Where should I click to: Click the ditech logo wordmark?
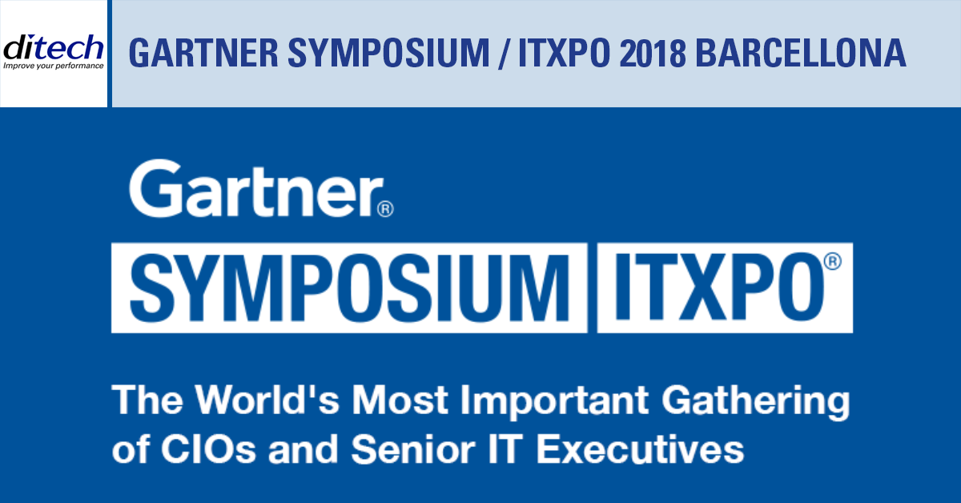53,47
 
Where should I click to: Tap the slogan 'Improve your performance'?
53,66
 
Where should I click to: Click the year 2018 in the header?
653,53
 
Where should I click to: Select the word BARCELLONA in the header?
801,53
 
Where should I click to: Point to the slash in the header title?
504,54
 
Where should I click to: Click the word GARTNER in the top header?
203,53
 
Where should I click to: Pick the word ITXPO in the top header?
564,53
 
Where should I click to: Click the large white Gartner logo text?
256,188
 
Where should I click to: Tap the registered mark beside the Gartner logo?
385,209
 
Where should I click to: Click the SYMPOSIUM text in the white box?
350,288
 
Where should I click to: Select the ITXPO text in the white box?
719,287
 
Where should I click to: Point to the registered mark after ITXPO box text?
833,261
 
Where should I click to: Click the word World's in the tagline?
267,400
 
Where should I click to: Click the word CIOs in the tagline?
208,449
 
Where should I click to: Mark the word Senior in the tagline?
413,449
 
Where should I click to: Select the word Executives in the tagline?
640,449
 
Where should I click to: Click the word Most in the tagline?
400,400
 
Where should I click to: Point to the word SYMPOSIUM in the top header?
388,53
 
